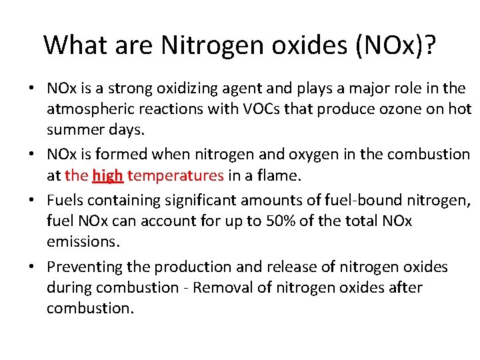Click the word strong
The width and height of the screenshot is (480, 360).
(x=131, y=88)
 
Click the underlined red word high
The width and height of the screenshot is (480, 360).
(x=108, y=175)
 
